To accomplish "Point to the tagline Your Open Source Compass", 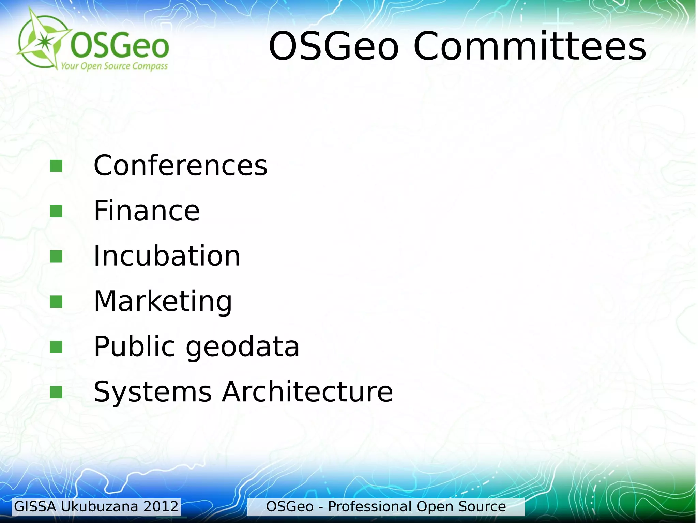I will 114,66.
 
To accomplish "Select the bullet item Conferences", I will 180,166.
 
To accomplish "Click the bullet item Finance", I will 147,211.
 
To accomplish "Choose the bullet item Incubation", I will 167,256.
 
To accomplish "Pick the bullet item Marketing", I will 163,302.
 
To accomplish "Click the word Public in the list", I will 134,347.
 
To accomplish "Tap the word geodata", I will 242,347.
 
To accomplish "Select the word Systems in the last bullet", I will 152,392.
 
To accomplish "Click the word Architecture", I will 307,392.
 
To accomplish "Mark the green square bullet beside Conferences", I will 56,166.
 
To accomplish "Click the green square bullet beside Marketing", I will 56,302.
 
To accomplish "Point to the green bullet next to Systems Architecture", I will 56,392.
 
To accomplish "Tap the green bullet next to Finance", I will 56,211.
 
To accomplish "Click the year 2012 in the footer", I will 161,507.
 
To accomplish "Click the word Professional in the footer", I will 370,507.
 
